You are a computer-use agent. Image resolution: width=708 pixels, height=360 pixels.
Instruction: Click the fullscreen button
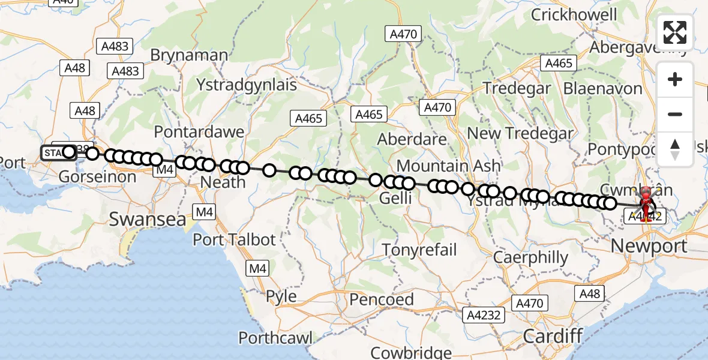[675, 32]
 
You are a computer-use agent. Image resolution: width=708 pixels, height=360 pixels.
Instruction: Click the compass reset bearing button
[675, 149]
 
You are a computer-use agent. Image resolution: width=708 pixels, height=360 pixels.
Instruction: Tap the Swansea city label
[148, 219]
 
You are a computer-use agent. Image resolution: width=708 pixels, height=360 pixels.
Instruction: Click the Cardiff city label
[553, 335]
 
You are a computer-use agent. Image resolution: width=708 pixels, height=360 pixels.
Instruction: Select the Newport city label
[649, 245]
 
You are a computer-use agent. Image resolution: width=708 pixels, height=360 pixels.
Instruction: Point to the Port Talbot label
[234, 239]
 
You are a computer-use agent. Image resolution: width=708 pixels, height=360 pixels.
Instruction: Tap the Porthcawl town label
[275, 338]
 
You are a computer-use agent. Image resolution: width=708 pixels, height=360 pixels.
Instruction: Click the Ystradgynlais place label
[247, 85]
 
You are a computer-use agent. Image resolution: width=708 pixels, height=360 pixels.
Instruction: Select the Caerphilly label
[530, 258]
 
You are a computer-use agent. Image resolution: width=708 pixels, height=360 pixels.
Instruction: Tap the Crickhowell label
[574, 14]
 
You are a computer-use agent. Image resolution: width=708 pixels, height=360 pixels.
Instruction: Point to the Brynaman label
[189, 55]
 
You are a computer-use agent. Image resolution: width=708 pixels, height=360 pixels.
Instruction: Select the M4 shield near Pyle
[258, 268]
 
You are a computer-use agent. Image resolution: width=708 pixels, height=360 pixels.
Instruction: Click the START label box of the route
[54, 152]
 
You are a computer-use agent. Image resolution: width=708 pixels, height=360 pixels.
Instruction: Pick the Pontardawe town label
[199, 131]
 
